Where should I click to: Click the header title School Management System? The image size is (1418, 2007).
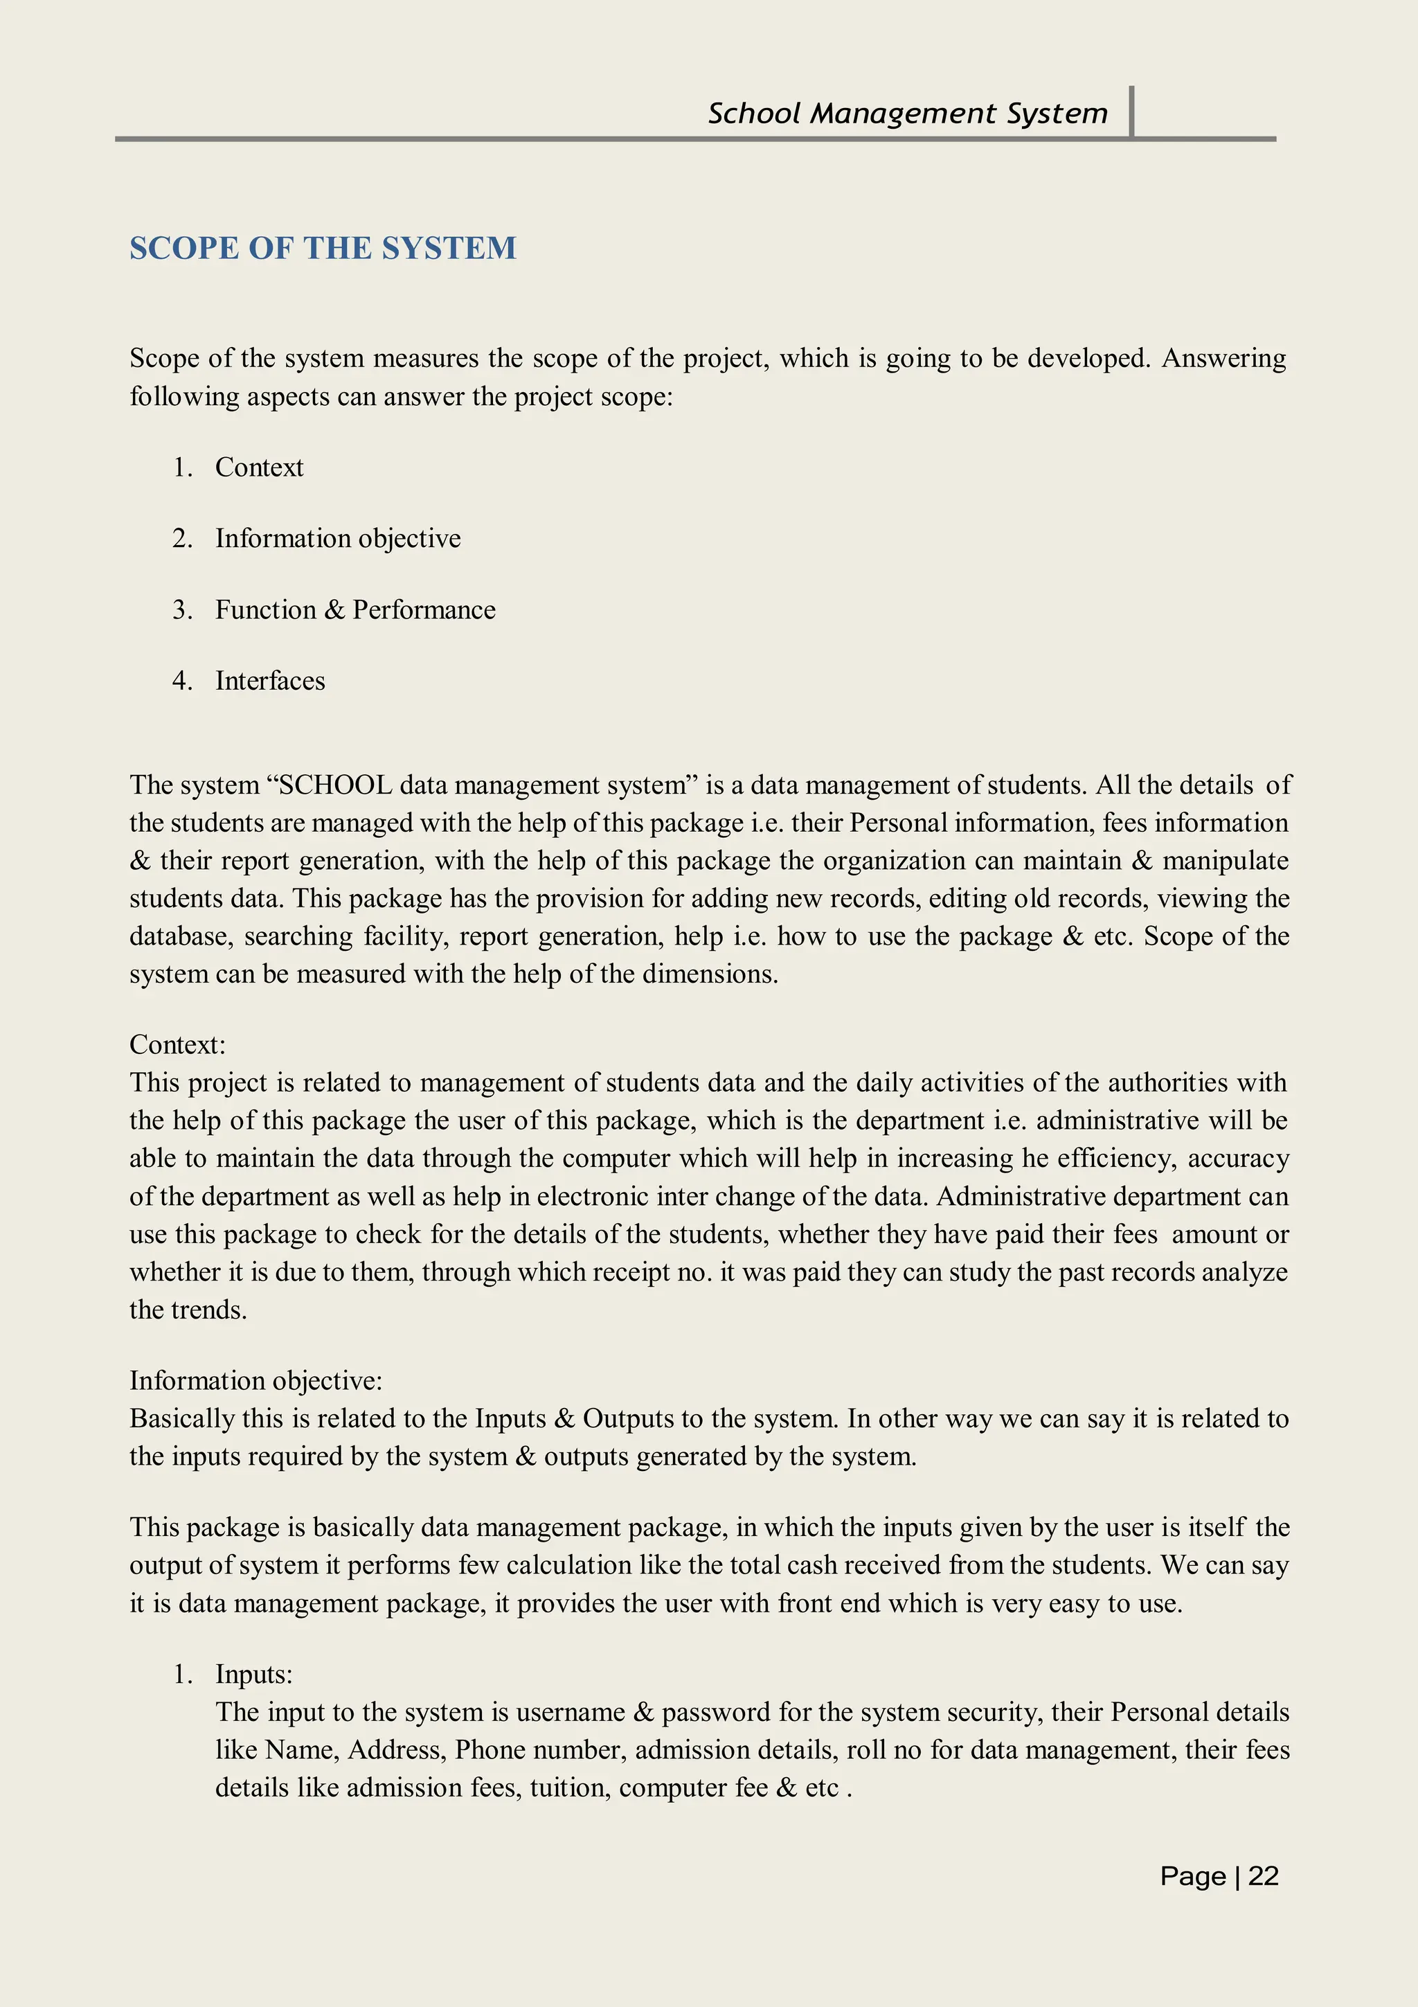907,114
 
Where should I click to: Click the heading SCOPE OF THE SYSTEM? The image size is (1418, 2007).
323,248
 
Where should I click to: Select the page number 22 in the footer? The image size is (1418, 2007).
1264,1876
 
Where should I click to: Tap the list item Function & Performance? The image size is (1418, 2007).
354,610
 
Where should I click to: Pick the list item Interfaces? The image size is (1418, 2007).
270,681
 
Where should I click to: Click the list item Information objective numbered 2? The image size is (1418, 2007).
337,539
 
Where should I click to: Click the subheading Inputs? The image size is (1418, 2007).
253,1674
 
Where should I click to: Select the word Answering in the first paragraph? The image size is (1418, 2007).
1223,359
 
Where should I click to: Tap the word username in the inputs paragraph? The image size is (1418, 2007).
571,1713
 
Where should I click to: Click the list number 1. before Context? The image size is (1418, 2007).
181,467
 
